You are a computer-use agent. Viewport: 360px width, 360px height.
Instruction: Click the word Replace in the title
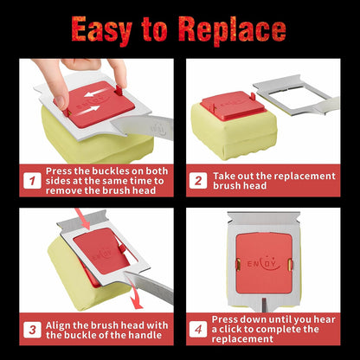232,29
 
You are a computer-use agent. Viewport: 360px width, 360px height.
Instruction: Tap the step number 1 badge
32,181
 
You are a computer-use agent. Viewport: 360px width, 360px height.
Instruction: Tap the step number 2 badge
198,181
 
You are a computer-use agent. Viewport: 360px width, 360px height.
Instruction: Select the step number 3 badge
32,330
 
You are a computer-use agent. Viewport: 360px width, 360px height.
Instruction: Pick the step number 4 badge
198,330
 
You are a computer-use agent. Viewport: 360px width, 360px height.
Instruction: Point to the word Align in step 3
58,325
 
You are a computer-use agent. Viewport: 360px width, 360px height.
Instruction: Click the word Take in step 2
223,176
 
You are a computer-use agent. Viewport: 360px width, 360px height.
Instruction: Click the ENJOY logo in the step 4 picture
264,263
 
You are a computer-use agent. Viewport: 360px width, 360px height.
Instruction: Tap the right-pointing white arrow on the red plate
89,111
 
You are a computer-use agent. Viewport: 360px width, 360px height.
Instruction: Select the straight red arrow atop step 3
83,219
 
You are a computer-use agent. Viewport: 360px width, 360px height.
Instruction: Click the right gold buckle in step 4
291,263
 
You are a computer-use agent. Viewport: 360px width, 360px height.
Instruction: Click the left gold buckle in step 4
238,264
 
